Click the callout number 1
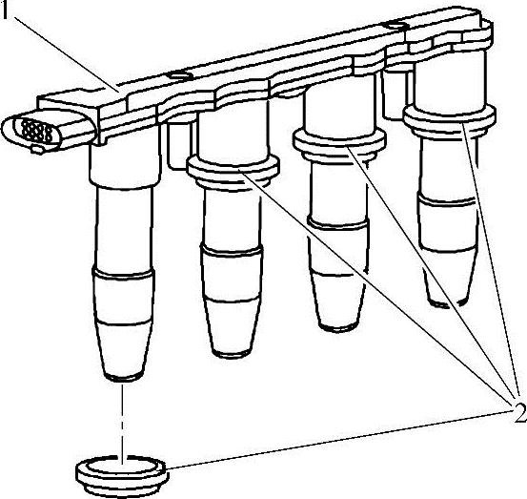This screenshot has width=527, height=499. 4,10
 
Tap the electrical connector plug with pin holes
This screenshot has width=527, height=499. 47,131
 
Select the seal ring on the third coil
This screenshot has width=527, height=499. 339,144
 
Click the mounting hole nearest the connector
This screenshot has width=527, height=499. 181,74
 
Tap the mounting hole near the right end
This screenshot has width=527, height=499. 395,26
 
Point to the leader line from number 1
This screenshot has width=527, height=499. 67,54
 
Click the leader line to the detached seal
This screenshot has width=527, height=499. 339,440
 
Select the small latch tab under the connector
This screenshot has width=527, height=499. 37,149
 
